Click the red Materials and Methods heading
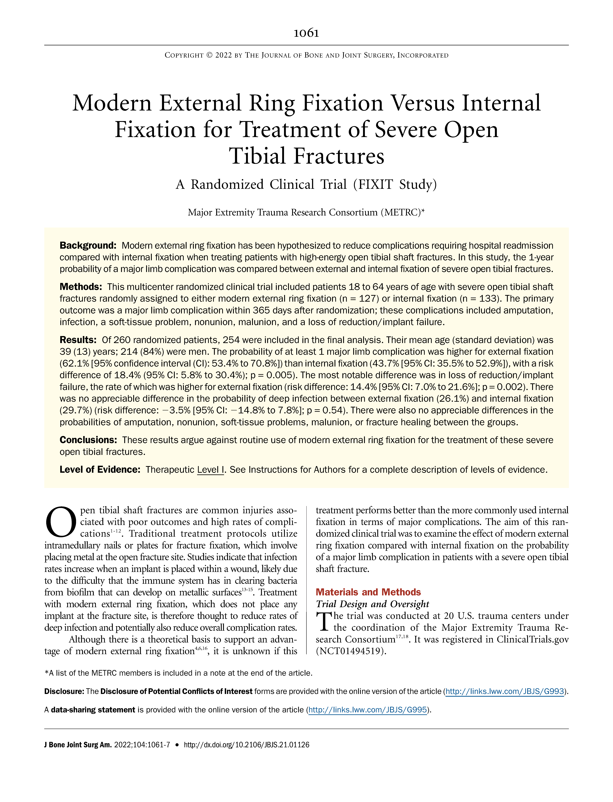(x=368, y=592)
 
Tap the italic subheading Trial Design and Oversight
(x=372, y=604)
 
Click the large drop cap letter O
(x=60, y=522)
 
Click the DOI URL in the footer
(x=246, y=745)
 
